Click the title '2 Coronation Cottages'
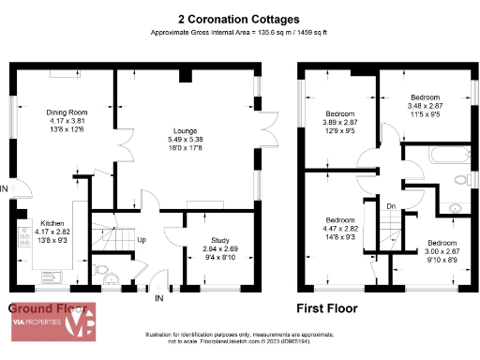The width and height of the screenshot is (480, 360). (239, 19)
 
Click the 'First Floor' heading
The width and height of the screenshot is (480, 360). (329, 307)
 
